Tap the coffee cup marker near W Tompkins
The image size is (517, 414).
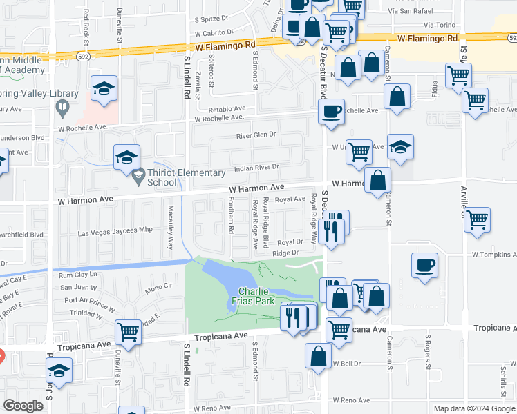pyautogui.click(x=425, y=266)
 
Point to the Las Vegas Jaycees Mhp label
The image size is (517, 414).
pyautogui.click(x=115, y=233)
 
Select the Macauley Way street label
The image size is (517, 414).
pyautogui.click(x=171, y=228)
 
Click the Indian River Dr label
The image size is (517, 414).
pyautogui.click(x=255, y=167)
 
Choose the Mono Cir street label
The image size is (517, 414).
pyautogui.click(x=158, y=285)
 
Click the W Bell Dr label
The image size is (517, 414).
pyautogui.click(x=348, y=363)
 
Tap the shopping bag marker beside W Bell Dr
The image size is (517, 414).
pyautogui.click(x=318, y=355)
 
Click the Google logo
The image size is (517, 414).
pyautogui.click(x=23, y=406)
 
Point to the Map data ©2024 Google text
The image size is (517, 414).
pyautogui.click(x=473, y=408)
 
